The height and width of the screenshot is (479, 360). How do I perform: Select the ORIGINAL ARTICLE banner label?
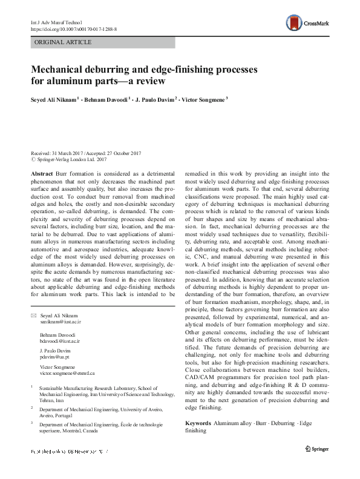click(x=64, y=42)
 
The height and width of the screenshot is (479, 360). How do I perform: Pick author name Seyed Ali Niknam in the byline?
click(x=53, y=100)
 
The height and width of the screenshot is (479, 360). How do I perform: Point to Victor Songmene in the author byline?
click(x=203, y=100)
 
